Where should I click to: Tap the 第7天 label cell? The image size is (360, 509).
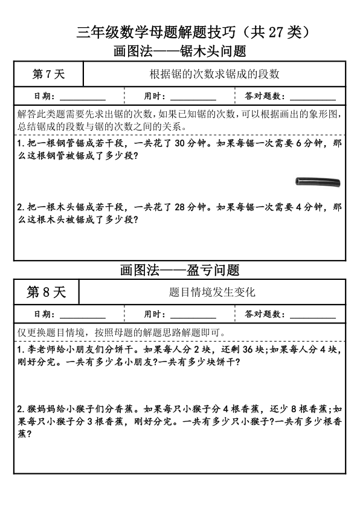[48, 75]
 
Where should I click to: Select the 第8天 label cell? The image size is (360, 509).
[47, 292]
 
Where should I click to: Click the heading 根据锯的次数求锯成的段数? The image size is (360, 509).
[214, 75]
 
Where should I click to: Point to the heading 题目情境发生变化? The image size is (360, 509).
[212, 292]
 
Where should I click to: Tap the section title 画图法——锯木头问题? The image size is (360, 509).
[179, 51]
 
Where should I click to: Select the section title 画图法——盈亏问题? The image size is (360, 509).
[179, 270]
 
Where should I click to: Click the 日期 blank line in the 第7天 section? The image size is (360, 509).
[83, 99]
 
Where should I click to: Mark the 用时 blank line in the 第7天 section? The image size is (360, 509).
[193, 99]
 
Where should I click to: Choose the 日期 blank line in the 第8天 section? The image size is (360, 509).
[83, 317]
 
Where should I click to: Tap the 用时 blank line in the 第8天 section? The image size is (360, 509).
[193, 317]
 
